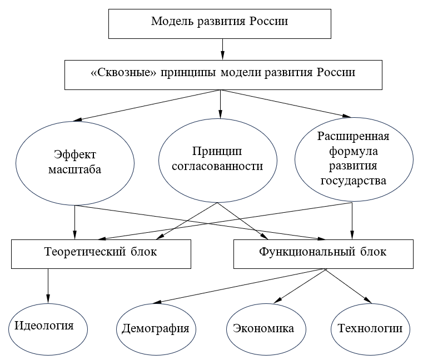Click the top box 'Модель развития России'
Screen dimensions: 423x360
tap(220, 24)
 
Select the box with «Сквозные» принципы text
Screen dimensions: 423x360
tap(223, 75)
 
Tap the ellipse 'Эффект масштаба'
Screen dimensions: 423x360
tap(75, 163)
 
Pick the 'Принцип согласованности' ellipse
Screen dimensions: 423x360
tap(218, 161)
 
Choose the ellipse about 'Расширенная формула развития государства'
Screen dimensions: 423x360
tap(354, 159)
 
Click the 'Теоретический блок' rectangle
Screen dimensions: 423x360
tap(101, 254)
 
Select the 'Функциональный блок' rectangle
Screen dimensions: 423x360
tap(324, 254)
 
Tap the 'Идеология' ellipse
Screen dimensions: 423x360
tap(48, 329)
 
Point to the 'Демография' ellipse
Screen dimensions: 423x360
tap(156, 329)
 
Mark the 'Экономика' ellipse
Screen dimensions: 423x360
tap(266, 329)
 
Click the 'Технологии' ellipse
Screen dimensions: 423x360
tap(370, 329)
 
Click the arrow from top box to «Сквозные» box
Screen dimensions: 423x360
tap(222, 49)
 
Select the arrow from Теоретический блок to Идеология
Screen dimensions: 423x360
tap(48, 286)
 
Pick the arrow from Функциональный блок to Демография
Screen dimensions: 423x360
tap(239, 286)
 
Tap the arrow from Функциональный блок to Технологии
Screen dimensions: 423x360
tap(349, 286)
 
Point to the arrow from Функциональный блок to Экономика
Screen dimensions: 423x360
tap(300, 286)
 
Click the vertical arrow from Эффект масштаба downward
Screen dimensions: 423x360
tap(74, 222)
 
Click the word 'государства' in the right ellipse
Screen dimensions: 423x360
tap(354, 181)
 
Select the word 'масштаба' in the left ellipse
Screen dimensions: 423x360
tap(74, 169)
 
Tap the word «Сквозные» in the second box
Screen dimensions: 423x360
tap(123, 72)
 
